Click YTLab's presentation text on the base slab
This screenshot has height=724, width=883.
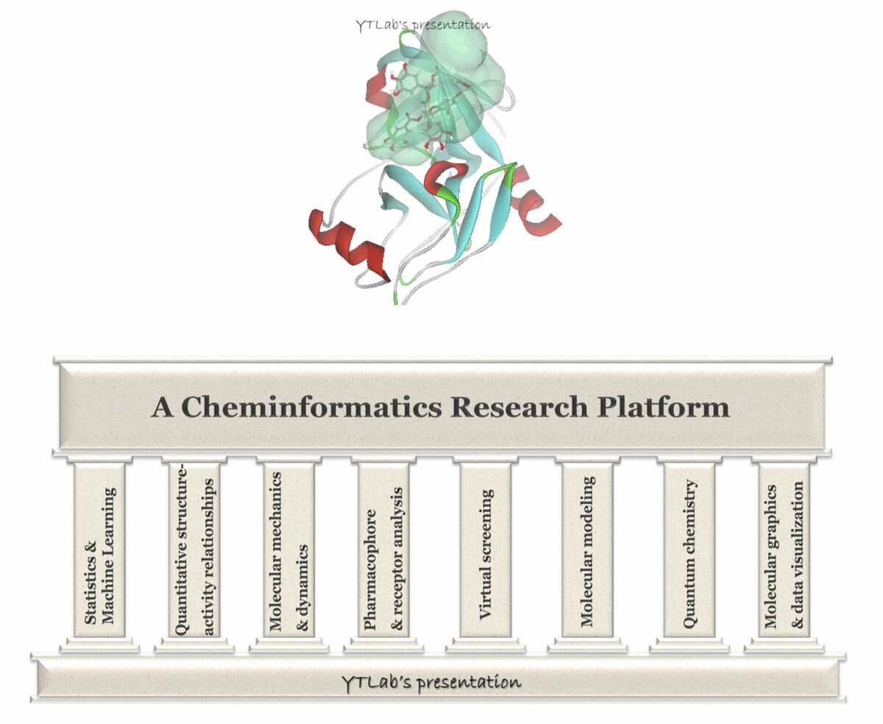(431, 681)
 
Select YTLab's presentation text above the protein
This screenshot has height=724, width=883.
(422, 24)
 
